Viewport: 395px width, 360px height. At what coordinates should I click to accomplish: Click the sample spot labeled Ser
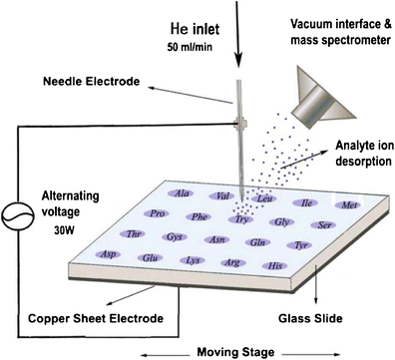pos(324,224)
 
